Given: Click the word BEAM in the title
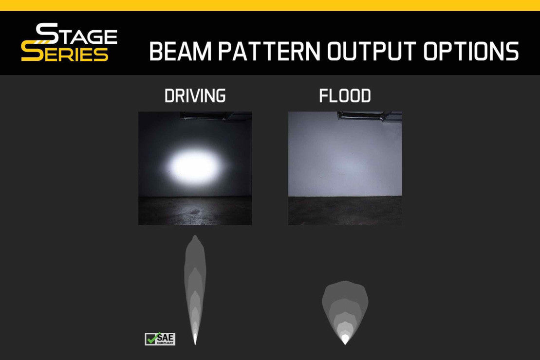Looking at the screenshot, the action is click(x=181, y=51).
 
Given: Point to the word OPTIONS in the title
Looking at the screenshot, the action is click(x=471, y=51).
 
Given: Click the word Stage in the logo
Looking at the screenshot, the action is click(x=76, y=34).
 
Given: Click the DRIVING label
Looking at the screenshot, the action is click(x=195, y=96).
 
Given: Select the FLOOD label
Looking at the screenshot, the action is click(x=345, y=96).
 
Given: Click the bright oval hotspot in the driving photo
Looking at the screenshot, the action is click(x=195, y=166).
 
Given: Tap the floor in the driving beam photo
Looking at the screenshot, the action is click(x=195, y=211).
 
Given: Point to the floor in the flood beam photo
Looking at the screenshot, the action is click(x=345, y=211).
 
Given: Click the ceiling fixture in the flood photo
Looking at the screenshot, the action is click(x=369, y=116).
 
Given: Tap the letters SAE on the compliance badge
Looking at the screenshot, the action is click(x=165, y=337).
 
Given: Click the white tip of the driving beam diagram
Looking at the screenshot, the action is click(x=195, y=339).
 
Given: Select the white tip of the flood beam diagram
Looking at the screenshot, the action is click(x=345, y=340).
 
